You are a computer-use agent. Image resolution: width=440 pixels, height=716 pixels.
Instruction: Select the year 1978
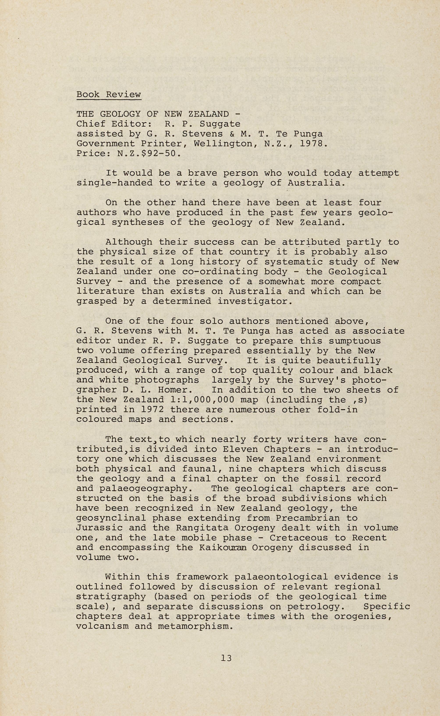point(311,144)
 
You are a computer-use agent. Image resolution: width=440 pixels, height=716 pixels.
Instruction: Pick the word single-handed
point(114,183)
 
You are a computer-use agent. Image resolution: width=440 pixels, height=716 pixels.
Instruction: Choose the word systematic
point(294,262)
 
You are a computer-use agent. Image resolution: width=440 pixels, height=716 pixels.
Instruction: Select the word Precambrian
point(308,518)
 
